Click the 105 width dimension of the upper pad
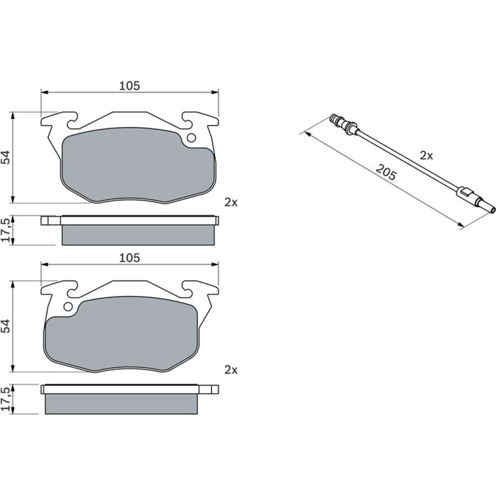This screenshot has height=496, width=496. tap(129, 86)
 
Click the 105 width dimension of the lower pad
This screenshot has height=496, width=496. tap(129, 258)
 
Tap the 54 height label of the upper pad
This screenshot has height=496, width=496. tap(6, 157)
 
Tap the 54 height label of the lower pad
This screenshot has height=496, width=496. tap(6, 325)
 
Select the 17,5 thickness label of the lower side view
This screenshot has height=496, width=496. tap(6, 399)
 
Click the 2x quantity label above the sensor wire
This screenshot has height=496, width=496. tap(426, 155)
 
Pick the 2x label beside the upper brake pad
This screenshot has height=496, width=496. tap(231, 202)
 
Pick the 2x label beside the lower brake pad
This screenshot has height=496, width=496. tap(231, 370)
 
